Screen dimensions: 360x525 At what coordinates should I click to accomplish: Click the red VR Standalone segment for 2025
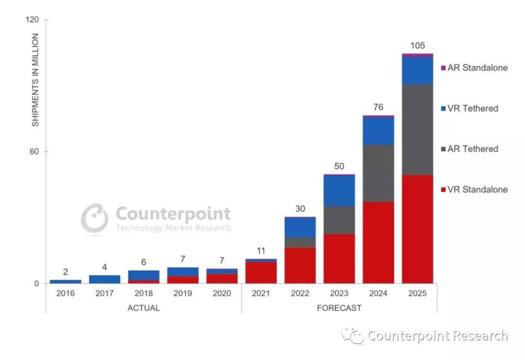[417, 229]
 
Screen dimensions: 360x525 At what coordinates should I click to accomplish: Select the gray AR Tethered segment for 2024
[378, 173]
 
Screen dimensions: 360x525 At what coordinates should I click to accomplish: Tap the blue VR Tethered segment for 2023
[339, 190]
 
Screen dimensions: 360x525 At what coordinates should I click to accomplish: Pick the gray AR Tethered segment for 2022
[300, 242]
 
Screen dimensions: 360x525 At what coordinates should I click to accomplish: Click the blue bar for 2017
[105, 279]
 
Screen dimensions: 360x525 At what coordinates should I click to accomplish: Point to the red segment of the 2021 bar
[261, 272]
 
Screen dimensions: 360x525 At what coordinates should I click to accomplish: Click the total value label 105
[417, 46]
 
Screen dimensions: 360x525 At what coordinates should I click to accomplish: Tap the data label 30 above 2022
[300, 209]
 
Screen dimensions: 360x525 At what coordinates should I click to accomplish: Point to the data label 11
[261, 251]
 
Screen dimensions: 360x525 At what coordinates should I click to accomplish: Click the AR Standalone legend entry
[474, 68]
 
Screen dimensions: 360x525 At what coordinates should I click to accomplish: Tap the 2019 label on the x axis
[183, 294]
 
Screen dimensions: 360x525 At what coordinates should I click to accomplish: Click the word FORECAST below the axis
[339, 308]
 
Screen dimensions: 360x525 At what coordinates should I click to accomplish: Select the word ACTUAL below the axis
[143, 308]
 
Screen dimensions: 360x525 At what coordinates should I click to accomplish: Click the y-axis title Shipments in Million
[35, 80]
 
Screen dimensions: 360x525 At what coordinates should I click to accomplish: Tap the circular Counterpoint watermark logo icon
[94, 218]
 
